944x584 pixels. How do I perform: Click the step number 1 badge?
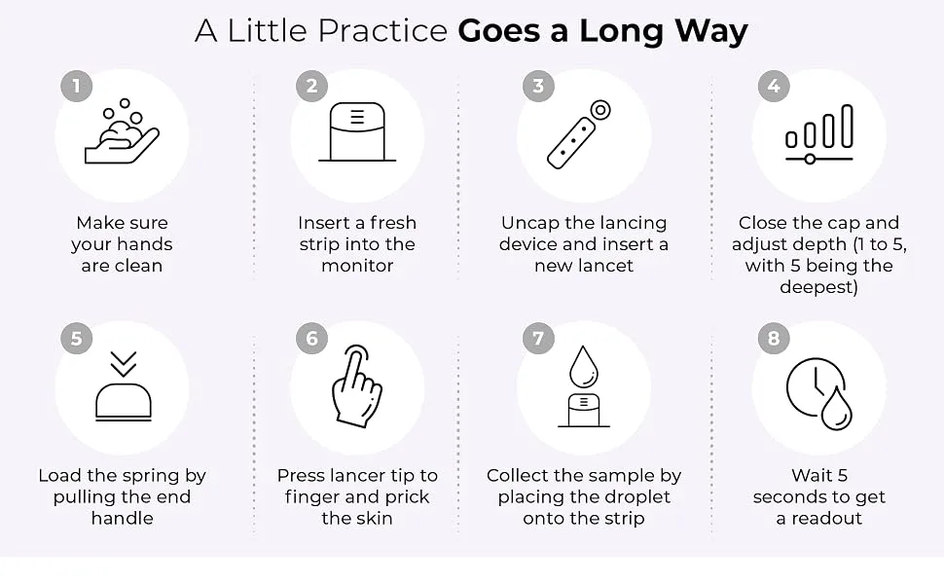pyautogui.click(x=77, y=86)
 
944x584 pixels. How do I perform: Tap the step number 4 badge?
pyautogui.click(x=774, y=86)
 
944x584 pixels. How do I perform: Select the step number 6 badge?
pyautogui.click(x=311, y=339)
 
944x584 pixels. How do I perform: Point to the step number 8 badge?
pyautogui.click(x=774, y=339)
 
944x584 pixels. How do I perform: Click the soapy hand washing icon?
pyautogui.click(x=122, y=131)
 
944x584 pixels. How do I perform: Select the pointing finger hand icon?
pyautogui.click(x=357, y=385)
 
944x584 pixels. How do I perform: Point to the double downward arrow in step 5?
pyautogui.click(x=124, y=364)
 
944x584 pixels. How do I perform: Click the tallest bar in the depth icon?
pyautogui.click(x=847, y=127)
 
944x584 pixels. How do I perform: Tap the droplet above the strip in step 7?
pyautogui.click(x=584, y=367)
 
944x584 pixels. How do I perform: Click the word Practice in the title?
pyautogui.click(x=382, y=31)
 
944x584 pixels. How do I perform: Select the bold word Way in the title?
pyautogui.click(x=711, y=31)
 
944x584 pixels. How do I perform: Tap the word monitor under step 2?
pyautogui.click(x=357, y=266)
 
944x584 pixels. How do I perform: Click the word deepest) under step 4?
pyautogui.click(x=818, y=287)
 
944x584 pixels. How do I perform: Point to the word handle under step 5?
pyautogui.click(x=123, y=518)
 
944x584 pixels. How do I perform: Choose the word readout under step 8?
pyautogui.click(x=826, y=518)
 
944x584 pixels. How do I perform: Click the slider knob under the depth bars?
pyautogui.click(x=810, y=159)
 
